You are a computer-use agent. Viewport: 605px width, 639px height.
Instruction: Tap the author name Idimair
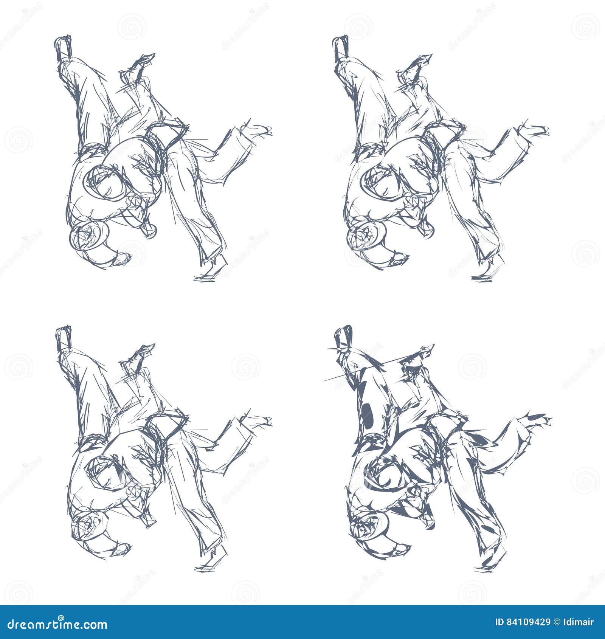[x=580, y=622]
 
